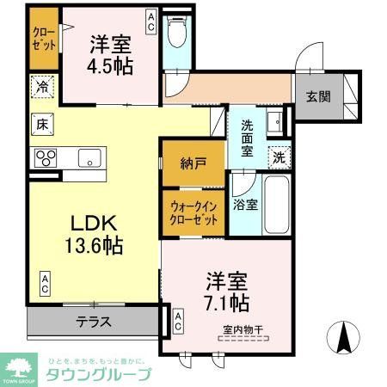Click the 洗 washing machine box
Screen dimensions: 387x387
click(x=278, y=157)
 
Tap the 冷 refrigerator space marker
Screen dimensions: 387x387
click(x=40, y=87)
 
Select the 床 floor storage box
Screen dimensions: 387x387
click(x=40, y=124)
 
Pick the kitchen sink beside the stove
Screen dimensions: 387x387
click(x=88, y=157)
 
